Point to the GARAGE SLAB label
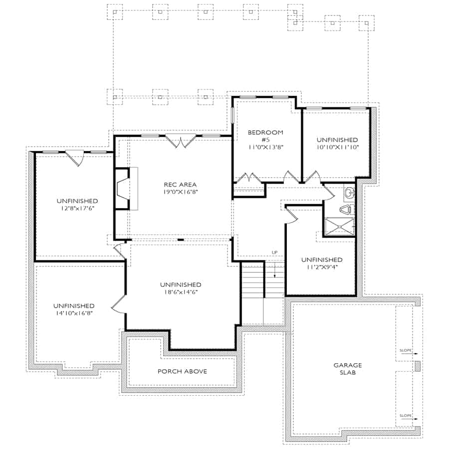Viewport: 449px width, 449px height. (348, 369)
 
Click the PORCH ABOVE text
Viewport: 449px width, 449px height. (182, 371)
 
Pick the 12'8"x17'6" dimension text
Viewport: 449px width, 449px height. (77, 208)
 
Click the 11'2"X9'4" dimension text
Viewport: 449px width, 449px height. (322, 267)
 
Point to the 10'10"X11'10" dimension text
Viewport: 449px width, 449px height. (337, 147)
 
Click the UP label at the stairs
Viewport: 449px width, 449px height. (274, 252)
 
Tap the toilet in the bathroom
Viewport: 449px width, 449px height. (347, 210)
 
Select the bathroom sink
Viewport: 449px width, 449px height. (350, 193)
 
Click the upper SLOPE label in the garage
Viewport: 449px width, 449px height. (406, 351)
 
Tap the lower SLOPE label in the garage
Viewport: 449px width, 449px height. (406, 415)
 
